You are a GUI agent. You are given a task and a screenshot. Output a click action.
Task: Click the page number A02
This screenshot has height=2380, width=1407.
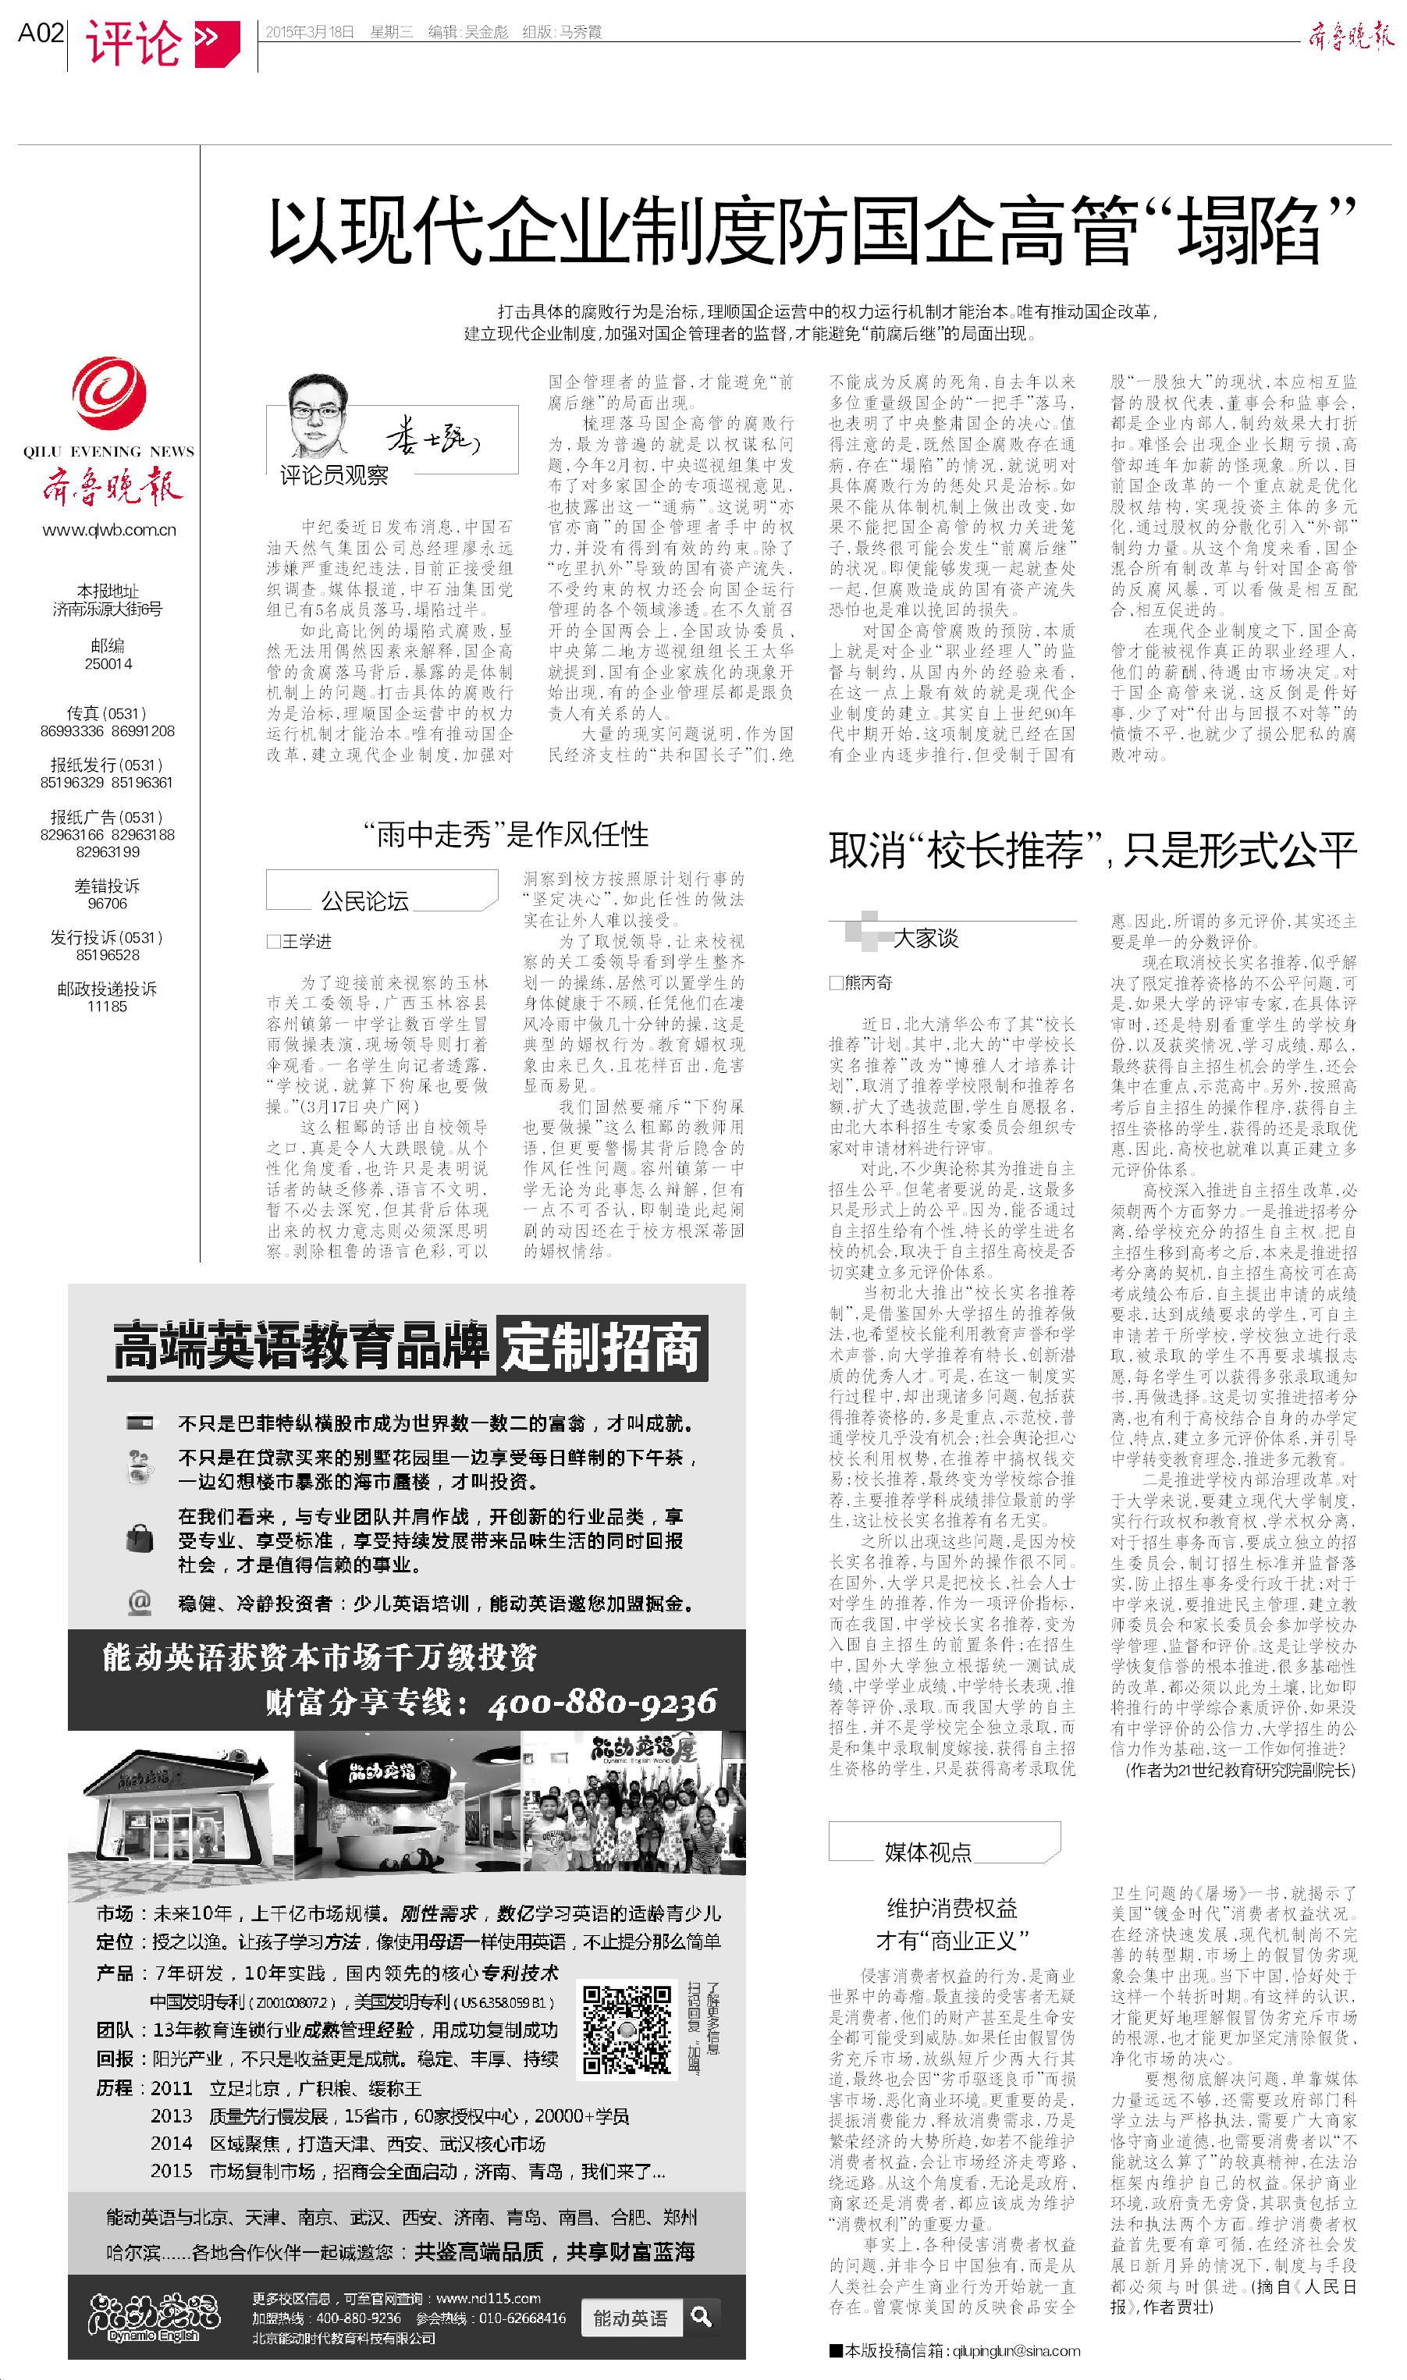point(41,34)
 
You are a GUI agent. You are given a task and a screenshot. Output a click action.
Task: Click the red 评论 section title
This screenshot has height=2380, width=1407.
point(133,43)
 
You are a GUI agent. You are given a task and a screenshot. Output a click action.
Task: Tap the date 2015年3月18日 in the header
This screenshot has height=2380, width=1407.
point(309,32)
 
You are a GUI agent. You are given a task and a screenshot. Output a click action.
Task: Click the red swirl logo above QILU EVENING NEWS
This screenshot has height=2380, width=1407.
point(109,393)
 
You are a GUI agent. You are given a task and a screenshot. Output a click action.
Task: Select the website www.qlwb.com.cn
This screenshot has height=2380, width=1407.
point(109,530)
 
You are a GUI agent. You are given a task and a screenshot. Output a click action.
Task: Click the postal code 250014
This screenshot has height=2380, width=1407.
point(108,663)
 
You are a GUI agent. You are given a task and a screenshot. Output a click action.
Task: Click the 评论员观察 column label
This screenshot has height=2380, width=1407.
point(334,476)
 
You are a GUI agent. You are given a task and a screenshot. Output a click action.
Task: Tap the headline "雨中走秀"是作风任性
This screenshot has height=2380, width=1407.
point(506,835)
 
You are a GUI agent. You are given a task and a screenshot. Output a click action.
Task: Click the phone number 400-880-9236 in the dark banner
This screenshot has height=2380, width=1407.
point(603,1703)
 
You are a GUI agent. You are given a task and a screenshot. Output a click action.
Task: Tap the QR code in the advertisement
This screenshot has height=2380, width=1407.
point(627,2030)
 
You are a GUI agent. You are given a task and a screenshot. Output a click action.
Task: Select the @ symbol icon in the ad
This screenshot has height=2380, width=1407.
point(140,1601)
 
